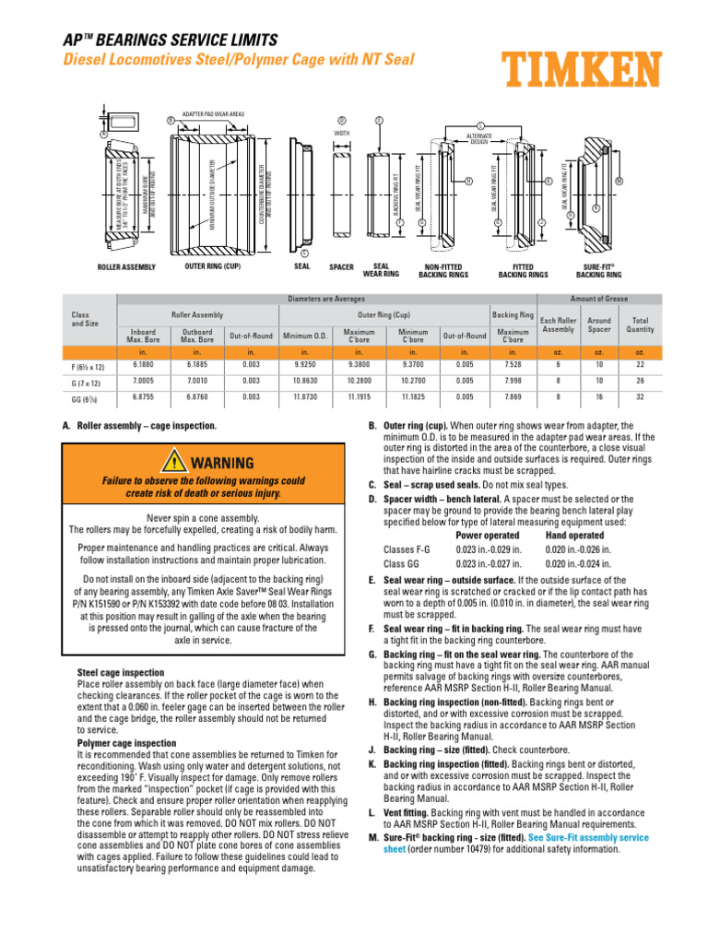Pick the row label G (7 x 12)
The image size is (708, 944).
pos(89,381)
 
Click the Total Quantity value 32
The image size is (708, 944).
pos(640,398)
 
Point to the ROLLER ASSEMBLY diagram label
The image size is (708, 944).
pos(127,267)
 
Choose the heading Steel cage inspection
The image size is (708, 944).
pos(121,673)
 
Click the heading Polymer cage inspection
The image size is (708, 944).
pos(126,742)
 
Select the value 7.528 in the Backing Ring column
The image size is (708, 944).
pos(512,364)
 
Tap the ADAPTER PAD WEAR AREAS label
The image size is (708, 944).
pos(213,113)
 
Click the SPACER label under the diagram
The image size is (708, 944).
pos(341,267)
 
